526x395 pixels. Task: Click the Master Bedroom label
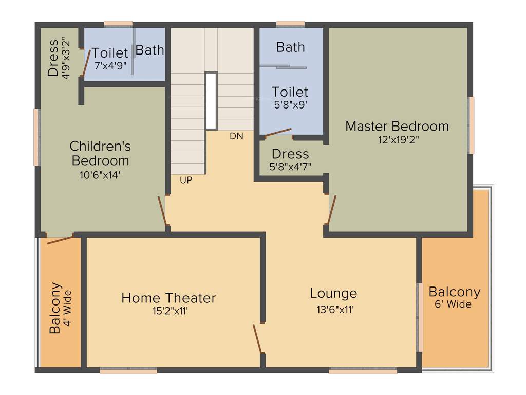click(x=397, y=126)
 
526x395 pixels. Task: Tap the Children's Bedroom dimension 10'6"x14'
click(x=100, y=175)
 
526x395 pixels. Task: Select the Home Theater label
click(x=168, y=298)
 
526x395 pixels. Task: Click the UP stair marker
click(x=186, y=180)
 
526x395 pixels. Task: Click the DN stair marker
click(x=236, y=136)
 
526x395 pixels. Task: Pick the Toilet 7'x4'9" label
click(x=110, y=53)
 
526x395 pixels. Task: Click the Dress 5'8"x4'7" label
click(x=290, y=154)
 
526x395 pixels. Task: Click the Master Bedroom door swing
click(x=331, y=210)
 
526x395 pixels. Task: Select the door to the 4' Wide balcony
click(x=60, y=238)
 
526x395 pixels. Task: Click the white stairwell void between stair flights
click(x=211, y=101)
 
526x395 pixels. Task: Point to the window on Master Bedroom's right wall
click(x=471, y=125)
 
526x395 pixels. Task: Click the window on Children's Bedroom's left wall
click(x=37, y=137)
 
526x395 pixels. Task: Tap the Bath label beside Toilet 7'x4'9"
click(x=149, y=50)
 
